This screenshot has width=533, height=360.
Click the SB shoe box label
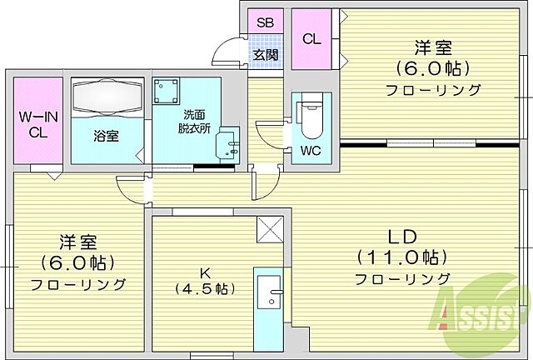pyautogui.click(x=265, y=23)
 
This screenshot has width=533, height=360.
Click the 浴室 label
pyautogui.click(x=107, y=136)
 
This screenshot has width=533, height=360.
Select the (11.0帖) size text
pyautogui.click(x=403, y=257)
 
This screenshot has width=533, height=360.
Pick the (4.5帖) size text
pyautogui.click(x=203, y=289)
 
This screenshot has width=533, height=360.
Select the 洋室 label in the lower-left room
pyautogui.click(x=79, y=242)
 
